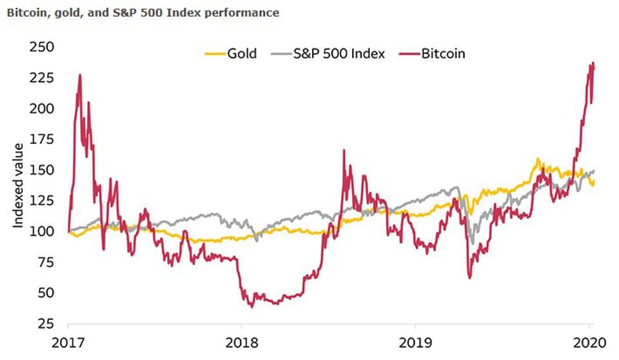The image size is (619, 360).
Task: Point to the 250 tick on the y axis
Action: pos(41,47)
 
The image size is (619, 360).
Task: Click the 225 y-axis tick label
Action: pos(41,78)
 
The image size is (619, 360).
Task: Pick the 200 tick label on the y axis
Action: pos(41,108)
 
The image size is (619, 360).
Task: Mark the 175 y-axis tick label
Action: pos(41,139)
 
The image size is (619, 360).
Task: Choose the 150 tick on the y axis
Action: pos(41,170)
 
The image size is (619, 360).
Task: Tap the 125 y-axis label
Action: pos(41,201)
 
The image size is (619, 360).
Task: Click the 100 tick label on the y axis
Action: pos(41,231)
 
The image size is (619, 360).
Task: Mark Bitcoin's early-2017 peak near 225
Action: pos(79,75)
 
